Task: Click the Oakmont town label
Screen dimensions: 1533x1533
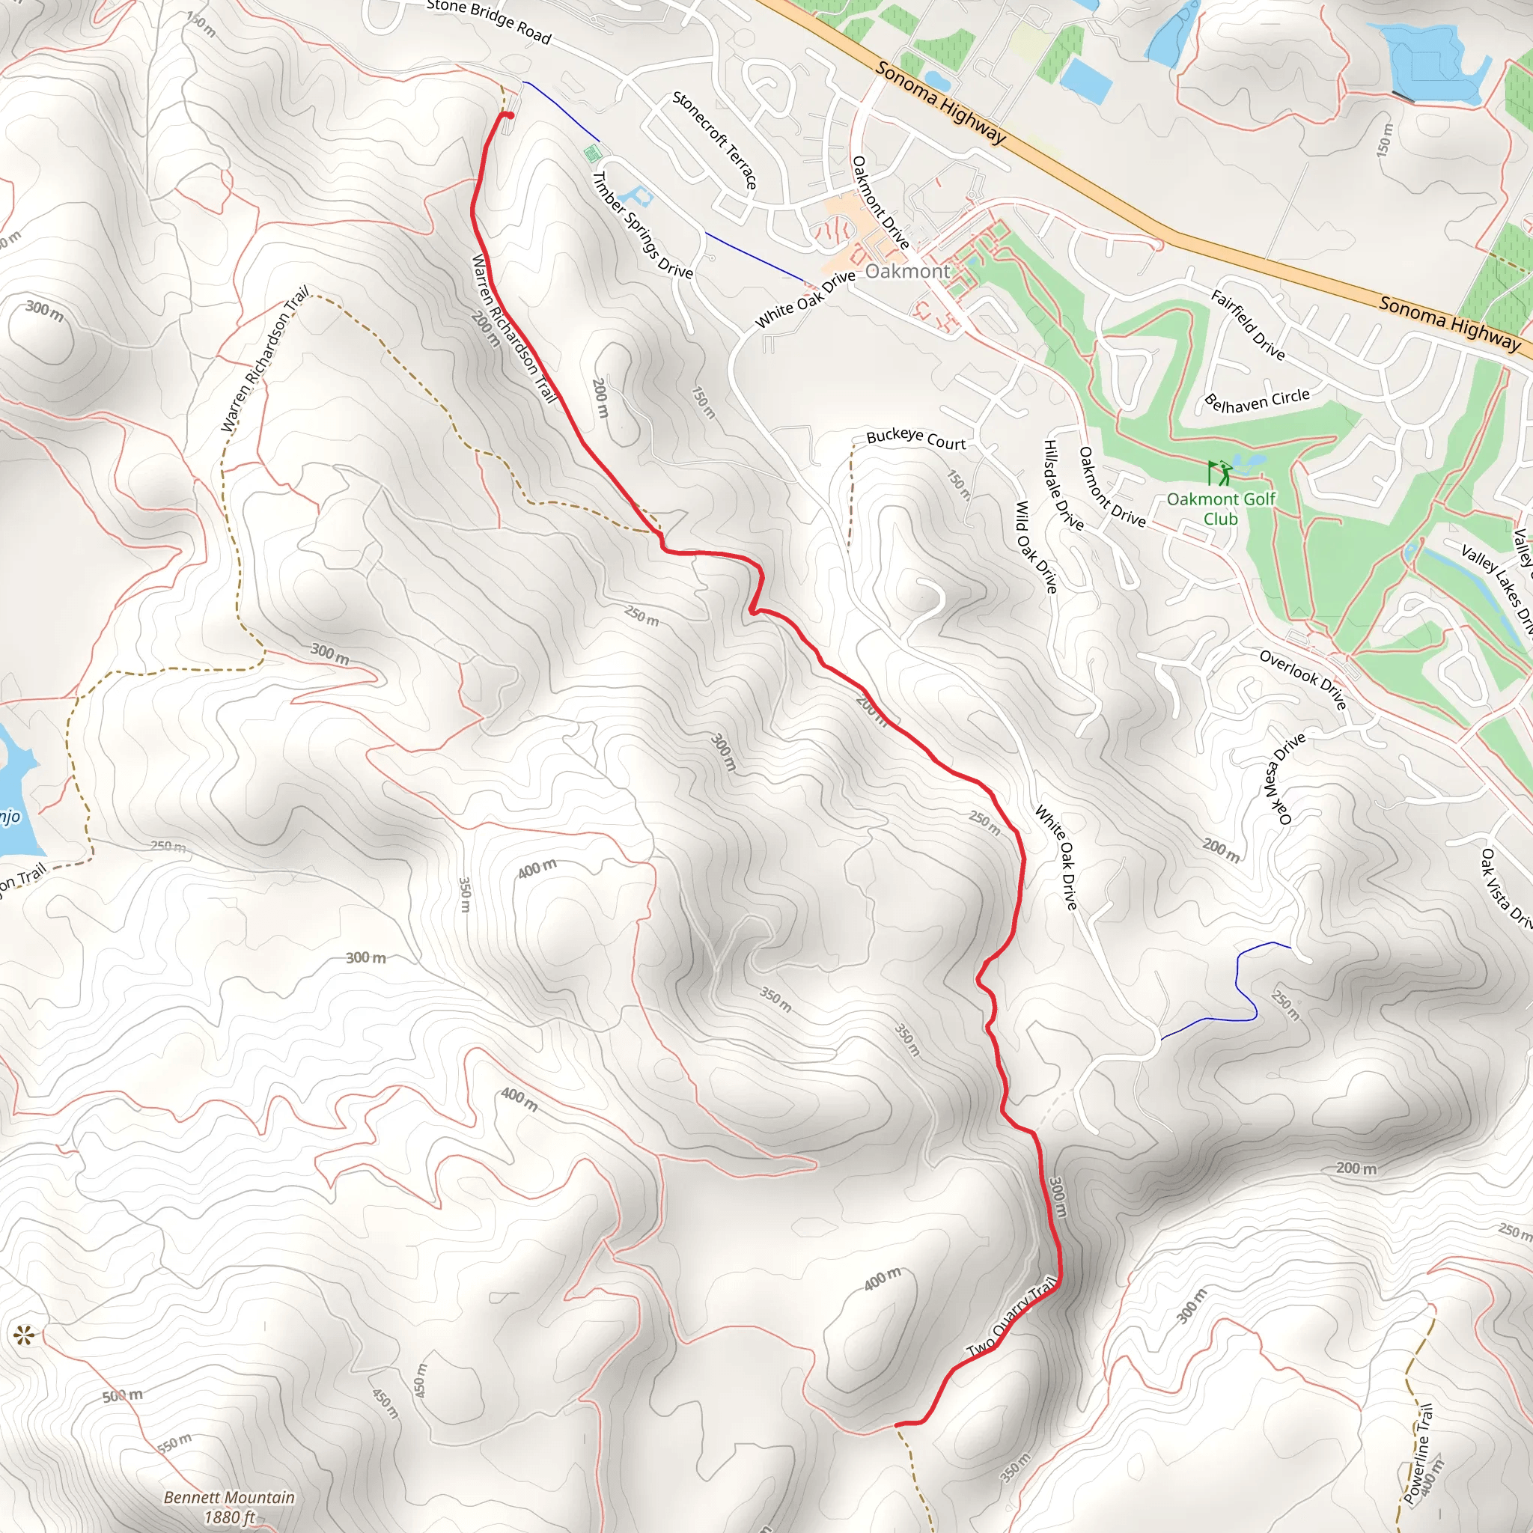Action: tap(907, 272)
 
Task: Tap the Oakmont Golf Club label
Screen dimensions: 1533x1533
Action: tap(1220, 508)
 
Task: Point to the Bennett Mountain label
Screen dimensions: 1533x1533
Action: tap(228, 1506)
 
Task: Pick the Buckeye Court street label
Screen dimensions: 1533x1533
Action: tap(915, 439)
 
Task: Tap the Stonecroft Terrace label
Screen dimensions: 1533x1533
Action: tap(714, 141)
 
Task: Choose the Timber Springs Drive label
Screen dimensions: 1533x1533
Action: tap(643, 225)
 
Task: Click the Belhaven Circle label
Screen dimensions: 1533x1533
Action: tap(1257, 400)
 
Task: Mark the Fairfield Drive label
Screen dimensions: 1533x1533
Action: tap(1247, 325)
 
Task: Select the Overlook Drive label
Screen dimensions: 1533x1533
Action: tap(1303, 679)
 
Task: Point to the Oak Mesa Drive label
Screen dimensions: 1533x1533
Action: tap(1283, 778)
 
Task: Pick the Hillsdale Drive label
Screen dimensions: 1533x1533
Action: tap(1063, 484)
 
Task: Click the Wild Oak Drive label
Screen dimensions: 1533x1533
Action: tap(1036, 546)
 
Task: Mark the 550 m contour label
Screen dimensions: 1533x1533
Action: tap(174, 1442)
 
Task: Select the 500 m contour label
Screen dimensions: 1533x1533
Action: tap(123, 1396)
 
